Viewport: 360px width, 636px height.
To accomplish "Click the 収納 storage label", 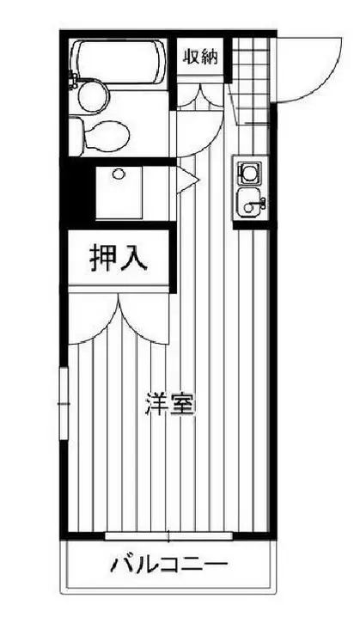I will tap(200, 59).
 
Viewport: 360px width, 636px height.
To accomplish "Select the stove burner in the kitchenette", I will tap(250, 174).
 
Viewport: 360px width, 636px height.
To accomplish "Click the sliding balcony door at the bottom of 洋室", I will tap(168, 536).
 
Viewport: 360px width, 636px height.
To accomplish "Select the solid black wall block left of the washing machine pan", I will tap(78, 193).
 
